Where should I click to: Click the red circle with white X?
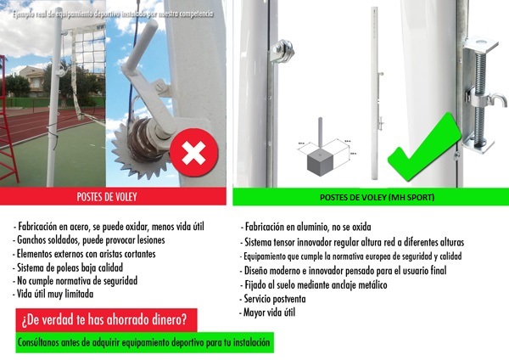[x=193, y=152]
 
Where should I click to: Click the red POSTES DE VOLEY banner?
[x=113, y=197]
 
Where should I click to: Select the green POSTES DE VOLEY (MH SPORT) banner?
[x=371, y=197]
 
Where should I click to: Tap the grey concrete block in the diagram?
[x=320, y=162]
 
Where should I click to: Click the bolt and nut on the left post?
[x=282, y=49]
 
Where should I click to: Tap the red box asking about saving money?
[x=106, y=320]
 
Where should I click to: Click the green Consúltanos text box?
[x=144, y=342]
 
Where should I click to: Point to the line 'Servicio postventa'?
[x=274, y=299]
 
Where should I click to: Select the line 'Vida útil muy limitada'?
[x=53, y=294]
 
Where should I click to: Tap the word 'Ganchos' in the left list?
[x=31, y=240]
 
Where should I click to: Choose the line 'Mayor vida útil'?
[x=267, y=312]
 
